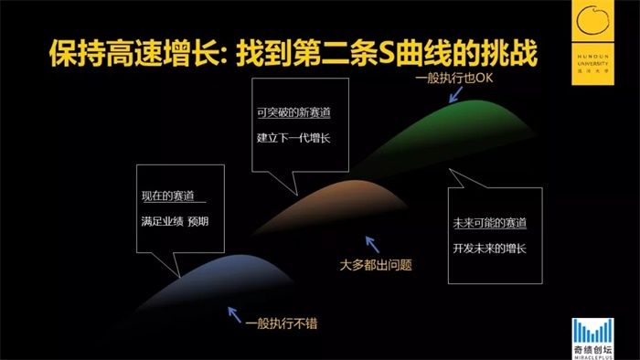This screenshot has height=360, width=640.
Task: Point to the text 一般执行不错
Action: (x=280, y=324)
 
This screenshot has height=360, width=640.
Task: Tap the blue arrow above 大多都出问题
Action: (x=370, y=242)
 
